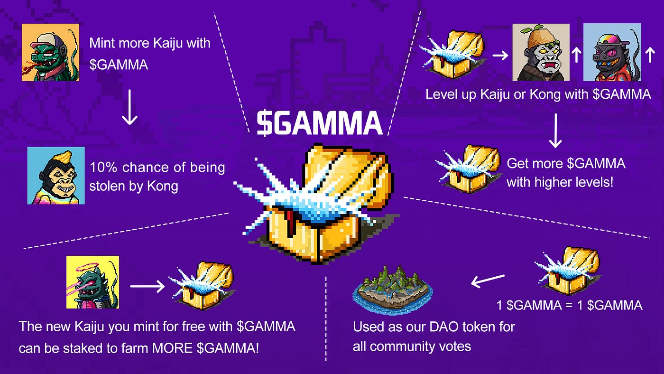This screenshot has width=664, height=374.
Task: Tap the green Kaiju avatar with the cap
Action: pyautogui.click(x=50, y=52)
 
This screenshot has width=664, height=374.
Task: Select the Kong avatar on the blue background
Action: pyautogui.click(x=56, y=175)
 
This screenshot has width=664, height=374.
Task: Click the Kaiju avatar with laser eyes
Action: pyautogui.click(x=92, y=282)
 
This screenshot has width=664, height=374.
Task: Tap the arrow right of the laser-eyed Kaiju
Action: pyautogui.click(x=147, y=286)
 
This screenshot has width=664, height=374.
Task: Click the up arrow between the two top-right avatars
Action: pyautogui.click(x=576, y=56)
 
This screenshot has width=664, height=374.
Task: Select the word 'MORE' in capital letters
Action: pyautogui.click(x=173, y=348)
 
